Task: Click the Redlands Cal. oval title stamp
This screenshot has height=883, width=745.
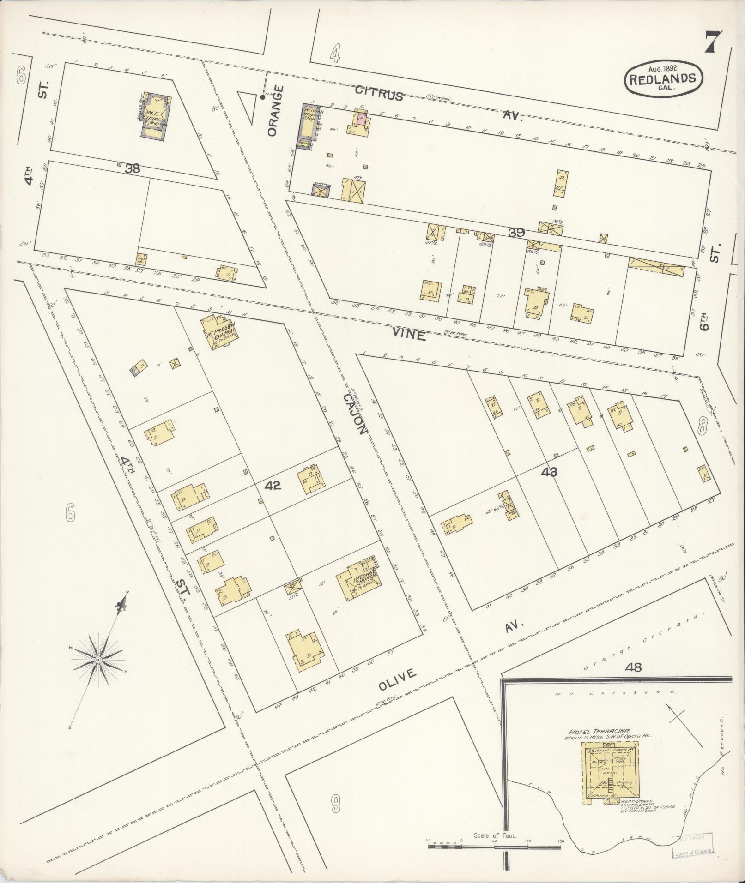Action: (664, 78)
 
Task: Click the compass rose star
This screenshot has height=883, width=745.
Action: (98, 661)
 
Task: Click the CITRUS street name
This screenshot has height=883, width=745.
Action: (379, 94)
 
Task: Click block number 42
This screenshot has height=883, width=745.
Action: (273, 486)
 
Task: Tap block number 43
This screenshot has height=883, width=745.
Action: (547, 472)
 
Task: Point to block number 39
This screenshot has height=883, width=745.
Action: (516, 233)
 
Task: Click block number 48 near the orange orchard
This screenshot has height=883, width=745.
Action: (633, 667)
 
